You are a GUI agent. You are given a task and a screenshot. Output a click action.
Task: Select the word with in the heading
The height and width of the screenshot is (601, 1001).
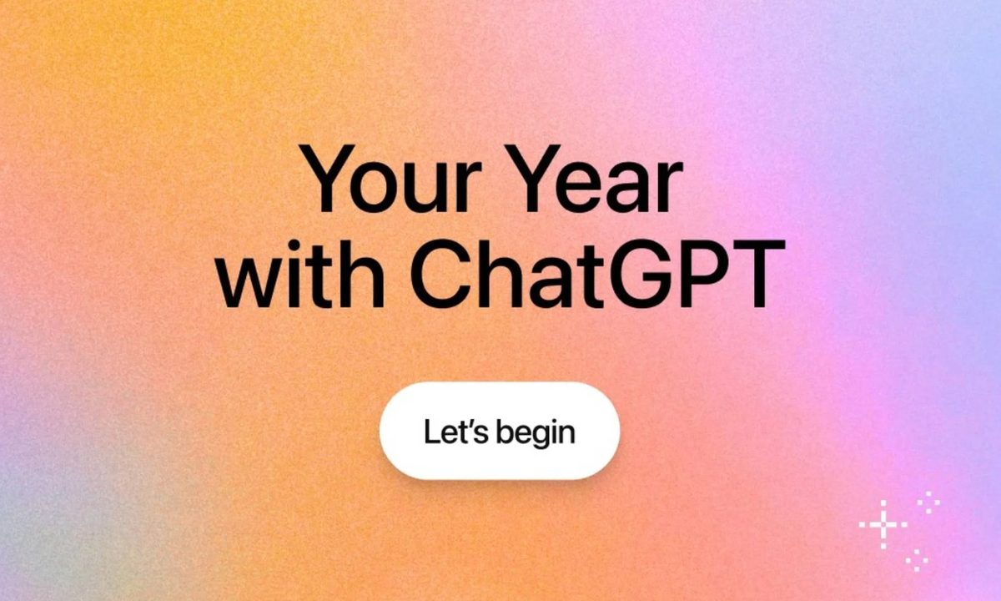(x=301, y=274)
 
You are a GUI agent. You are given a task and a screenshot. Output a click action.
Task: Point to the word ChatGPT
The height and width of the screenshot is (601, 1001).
(x=597, y=274)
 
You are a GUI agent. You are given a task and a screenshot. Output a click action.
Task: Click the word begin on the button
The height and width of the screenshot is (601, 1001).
(x=536, y=434)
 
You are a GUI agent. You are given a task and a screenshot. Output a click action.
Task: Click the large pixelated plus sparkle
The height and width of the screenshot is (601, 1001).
(x=883, y=524)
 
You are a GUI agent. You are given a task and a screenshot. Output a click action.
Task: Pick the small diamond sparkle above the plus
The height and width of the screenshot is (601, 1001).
(x=928, y=503)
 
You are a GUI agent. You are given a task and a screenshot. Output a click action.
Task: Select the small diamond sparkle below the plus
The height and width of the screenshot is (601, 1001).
(x=917, y=560)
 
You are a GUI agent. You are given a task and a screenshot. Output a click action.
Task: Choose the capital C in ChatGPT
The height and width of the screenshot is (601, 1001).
(x=441, y=274)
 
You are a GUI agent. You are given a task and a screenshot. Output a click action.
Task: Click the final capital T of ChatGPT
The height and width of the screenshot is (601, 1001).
(x=758, y=274)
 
